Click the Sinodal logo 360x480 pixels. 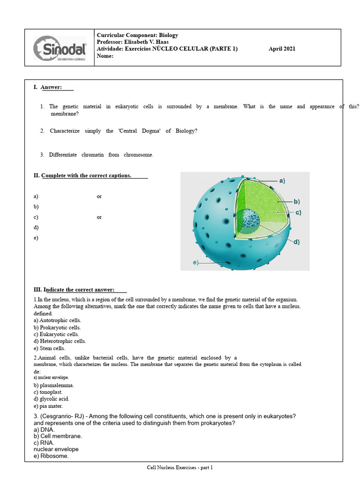tap(60, 48)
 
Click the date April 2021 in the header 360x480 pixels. tap(282, 49)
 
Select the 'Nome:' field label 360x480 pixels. tap(105, 56)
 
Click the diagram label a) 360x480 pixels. tap(282, 180)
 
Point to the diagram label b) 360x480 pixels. tap(297, 202)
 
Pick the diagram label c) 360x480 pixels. tap(298, 212)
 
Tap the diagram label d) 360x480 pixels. tap(297, 242)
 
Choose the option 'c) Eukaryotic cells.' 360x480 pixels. tap(56, 334)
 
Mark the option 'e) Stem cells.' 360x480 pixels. tap(49, 348)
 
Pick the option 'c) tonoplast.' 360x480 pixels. tap(48, 392)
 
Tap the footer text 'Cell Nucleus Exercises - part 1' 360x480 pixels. tap(180, 467)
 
